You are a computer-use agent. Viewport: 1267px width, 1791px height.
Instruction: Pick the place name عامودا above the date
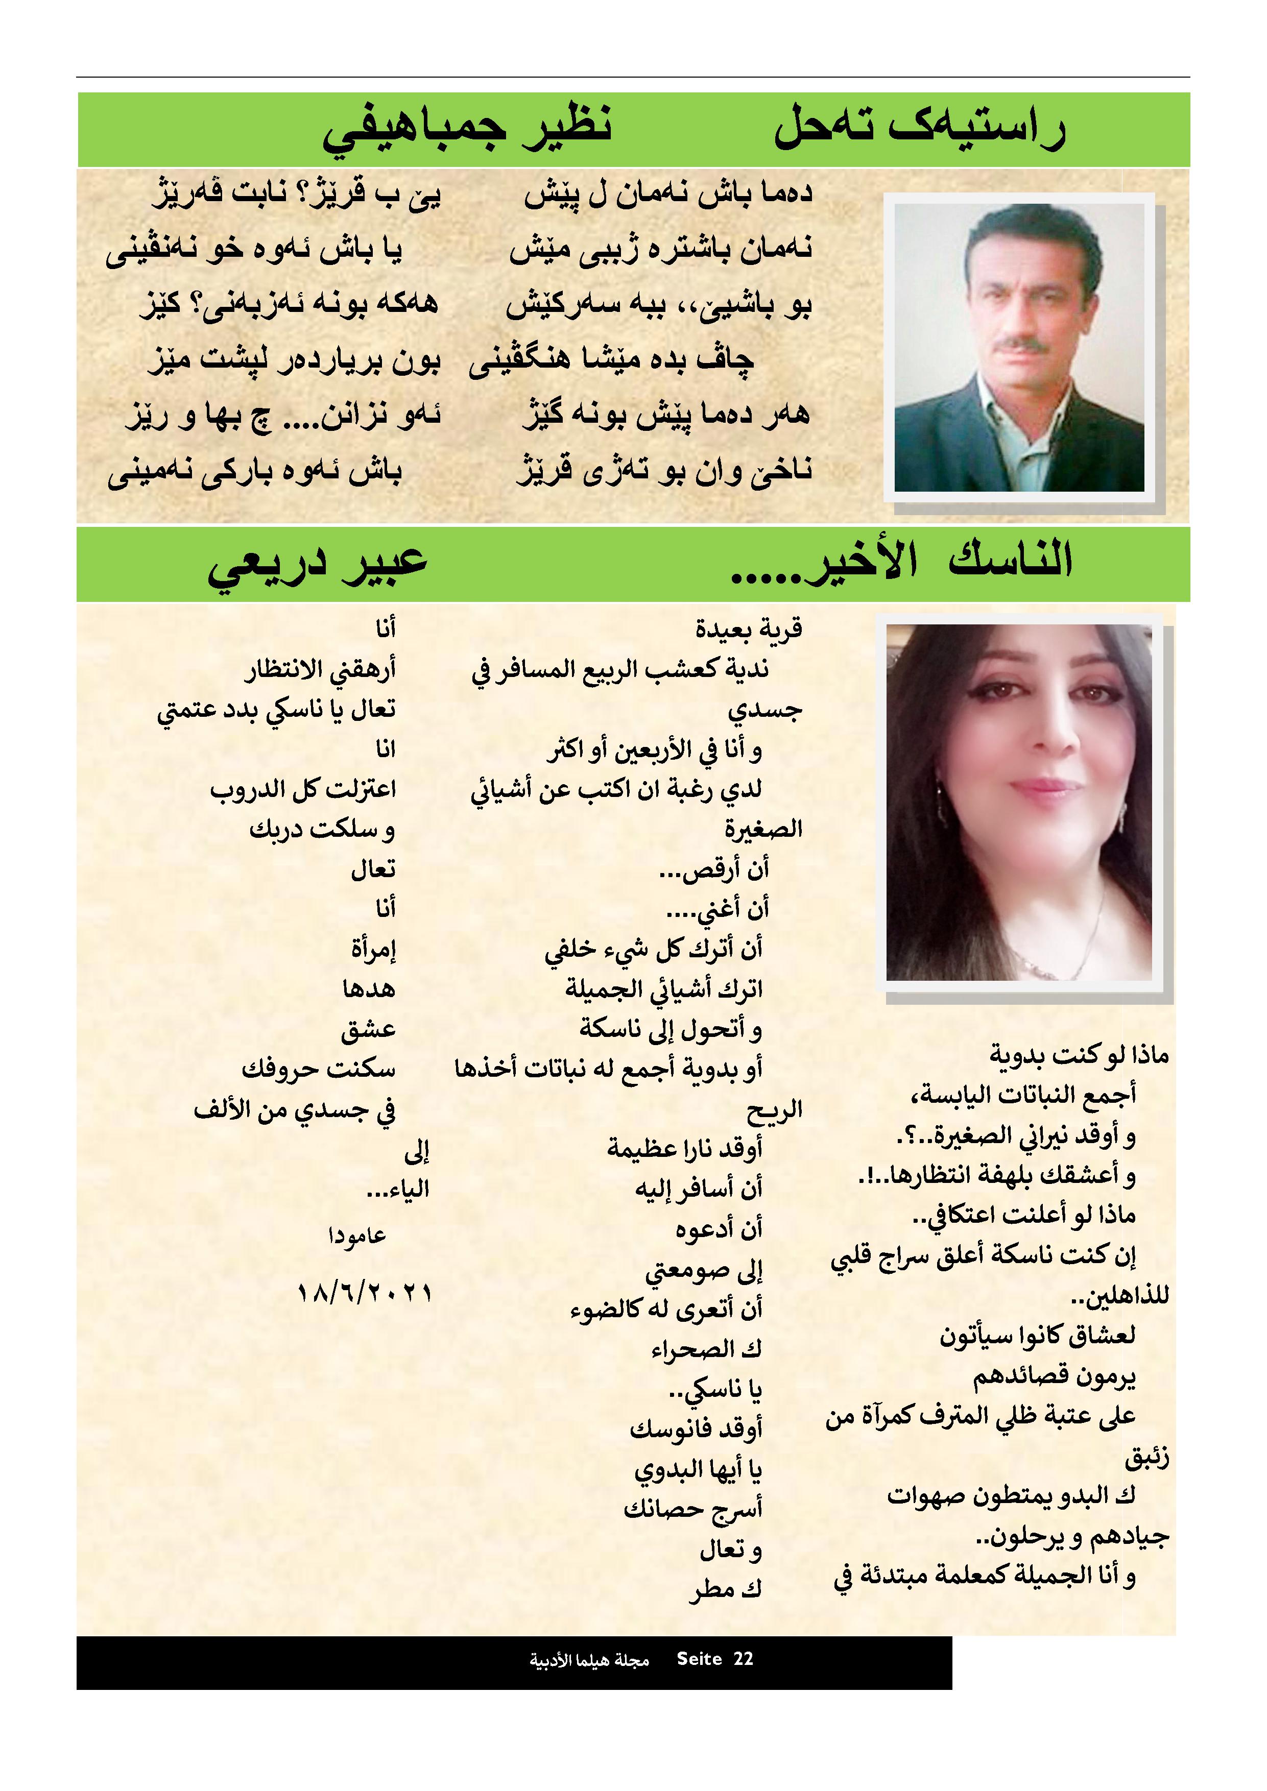(357, 1236)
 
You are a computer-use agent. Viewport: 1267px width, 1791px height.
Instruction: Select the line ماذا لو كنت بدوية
(1079, 1055)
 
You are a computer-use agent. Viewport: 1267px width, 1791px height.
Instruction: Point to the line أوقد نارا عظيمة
(684, 1148)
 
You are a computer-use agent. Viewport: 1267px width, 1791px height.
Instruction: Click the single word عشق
(368, 1030)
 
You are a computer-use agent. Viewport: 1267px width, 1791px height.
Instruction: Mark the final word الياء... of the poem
(398, 1190)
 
